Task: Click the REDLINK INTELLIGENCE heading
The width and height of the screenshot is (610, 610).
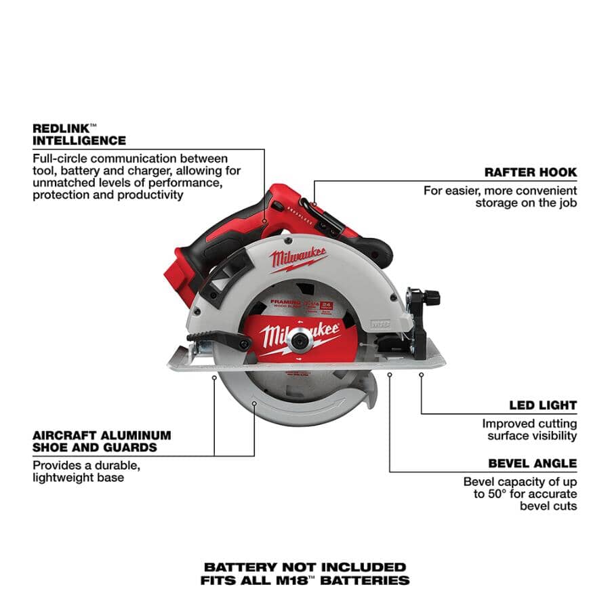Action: [x=79, y=134]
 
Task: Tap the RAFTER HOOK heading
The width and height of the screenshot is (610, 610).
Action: [x=531, y=172]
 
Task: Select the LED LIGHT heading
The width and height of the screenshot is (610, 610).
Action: [x=543, y=405]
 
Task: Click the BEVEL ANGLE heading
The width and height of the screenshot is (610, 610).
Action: [x=532, y=464]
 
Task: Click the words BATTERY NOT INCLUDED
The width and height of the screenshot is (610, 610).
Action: [x=305, y=567]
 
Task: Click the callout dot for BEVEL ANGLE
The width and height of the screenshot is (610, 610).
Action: [x=390, y=373]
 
